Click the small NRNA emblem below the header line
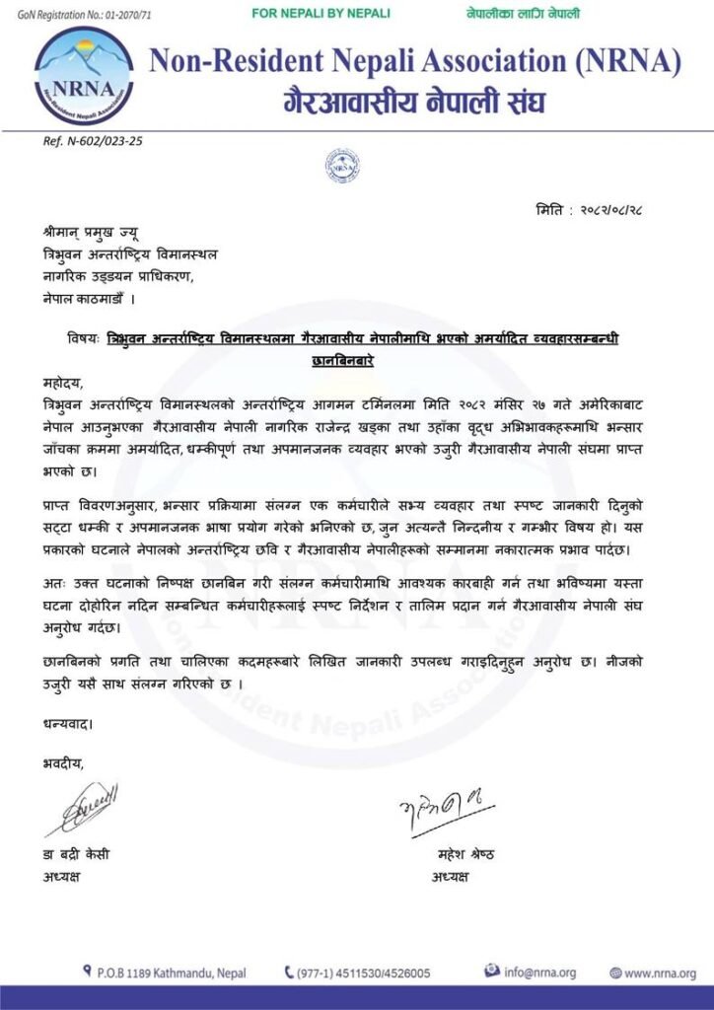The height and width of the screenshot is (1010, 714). [342, 165]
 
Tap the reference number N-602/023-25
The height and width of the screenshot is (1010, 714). [94, 141]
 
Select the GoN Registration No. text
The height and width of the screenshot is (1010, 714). [86, 14]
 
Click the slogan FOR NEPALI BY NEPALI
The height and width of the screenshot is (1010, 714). [321, 14]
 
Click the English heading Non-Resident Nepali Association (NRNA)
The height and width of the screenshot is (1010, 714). [415, 62]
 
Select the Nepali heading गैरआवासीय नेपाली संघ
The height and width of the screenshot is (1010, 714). [414, 101]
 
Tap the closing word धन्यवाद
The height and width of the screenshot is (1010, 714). [68, 724]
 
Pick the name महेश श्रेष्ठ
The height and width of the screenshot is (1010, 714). [465, 854]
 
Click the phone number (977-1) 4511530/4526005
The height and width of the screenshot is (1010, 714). [363, 973]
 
